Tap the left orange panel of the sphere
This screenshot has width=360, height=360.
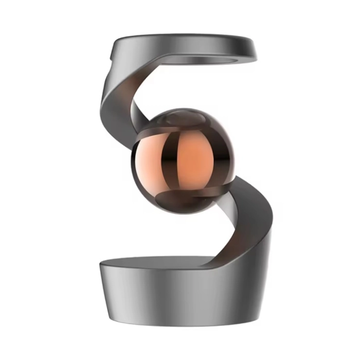154,159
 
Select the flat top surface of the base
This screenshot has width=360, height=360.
154,262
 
